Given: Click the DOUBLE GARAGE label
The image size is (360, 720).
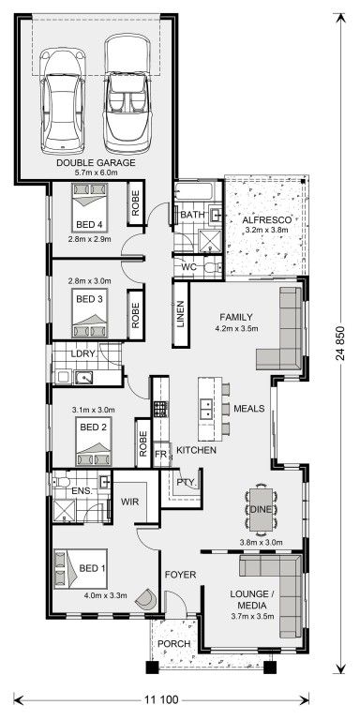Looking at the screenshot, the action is click(96, 162).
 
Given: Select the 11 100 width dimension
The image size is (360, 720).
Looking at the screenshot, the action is click(161, 699).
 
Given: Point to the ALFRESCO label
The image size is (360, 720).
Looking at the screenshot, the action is click(266, 220).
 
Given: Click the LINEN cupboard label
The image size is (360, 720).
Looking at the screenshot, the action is click(180, 315).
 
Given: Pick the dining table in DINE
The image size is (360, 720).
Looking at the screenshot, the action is click(261, 509).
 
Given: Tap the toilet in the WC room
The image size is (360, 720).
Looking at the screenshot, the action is click(213, 267).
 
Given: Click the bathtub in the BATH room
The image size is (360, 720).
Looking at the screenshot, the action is click(194, 190).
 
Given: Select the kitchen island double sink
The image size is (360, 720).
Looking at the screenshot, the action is click(205, 408).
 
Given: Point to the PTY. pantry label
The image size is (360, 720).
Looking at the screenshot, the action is click(187, 483).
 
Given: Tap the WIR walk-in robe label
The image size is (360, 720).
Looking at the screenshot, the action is click(129, 502).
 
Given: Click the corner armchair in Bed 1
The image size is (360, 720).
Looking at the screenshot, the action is click(148, 598).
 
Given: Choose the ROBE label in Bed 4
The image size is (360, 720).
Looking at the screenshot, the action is click(135, 202).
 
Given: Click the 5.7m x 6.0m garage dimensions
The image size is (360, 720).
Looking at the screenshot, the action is click(96, 172).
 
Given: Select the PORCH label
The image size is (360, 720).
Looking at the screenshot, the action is click(173, 644).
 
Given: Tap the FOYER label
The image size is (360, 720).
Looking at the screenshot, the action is click(180, 575).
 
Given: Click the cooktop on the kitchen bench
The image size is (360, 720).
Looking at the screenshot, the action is click(159, 409).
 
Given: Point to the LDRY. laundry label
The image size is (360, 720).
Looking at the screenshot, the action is click(83, 354).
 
